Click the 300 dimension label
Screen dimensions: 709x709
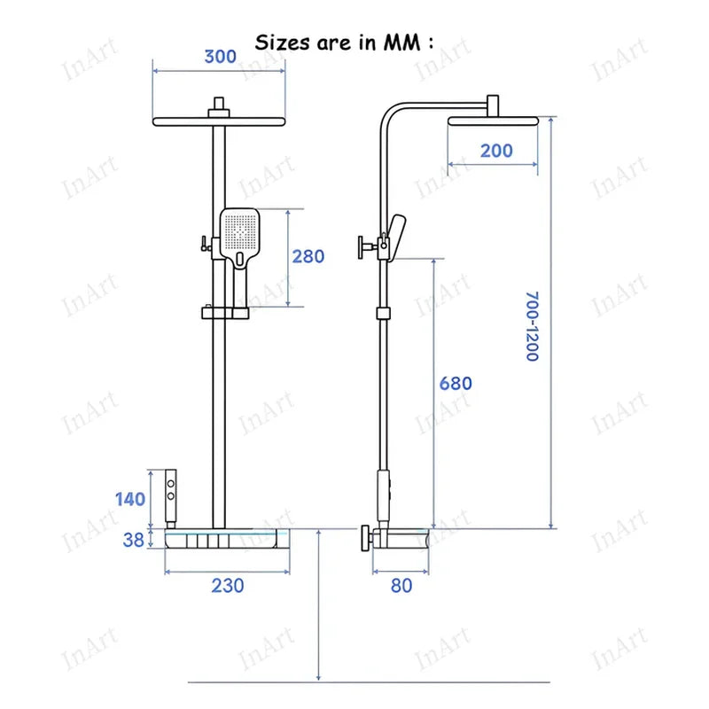(220, 57)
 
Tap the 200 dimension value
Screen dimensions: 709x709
(496, 151)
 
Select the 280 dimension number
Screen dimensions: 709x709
(308, 256)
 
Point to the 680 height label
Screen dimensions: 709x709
(456, 384)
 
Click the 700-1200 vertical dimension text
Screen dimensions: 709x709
(533, 326)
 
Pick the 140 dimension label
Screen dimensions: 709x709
(130, 499)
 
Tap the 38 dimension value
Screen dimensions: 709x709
(134, 540)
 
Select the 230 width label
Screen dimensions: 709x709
(228, 586)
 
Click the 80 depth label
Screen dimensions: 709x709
(401, 586)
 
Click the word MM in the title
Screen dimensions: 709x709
(402, 43)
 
